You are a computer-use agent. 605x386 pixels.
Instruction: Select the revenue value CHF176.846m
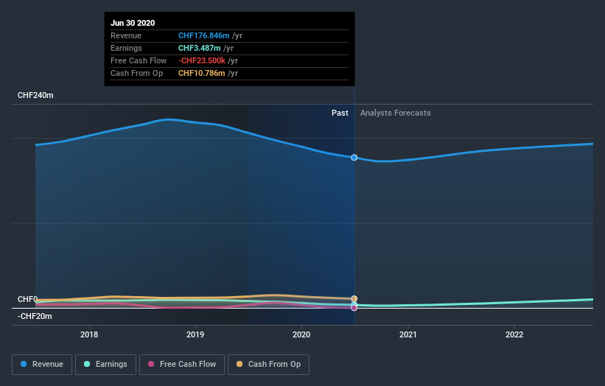point(204,35)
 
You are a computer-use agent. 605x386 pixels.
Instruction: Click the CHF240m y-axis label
point(35,96)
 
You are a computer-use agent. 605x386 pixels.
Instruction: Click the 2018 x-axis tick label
point(89,334)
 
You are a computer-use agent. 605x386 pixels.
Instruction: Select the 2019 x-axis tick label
point(195,334)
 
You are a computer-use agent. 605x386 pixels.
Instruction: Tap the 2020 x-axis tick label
point(301,334)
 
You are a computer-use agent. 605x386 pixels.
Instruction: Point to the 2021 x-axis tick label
point(408,334)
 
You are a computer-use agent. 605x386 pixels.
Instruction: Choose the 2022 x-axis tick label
point(514,334)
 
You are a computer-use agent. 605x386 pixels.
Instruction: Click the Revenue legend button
point(43,364)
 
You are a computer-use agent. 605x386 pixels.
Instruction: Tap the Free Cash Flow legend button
point(181,364)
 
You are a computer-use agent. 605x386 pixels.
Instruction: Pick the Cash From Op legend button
point(268,364)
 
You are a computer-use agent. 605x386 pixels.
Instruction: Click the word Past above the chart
point(340,113)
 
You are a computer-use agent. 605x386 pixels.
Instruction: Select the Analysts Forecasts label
point(395,113)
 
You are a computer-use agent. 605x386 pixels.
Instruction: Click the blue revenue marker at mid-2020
point(354,158)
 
